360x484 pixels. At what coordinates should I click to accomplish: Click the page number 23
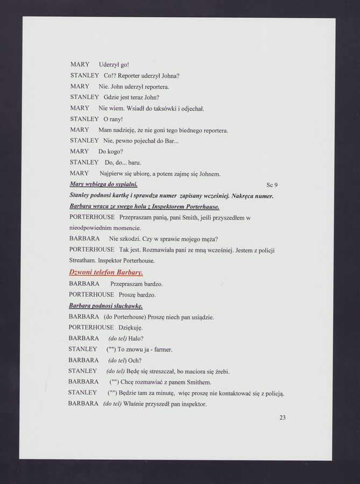coord(282,417)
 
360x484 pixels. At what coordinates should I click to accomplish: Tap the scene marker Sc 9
coord(272,185)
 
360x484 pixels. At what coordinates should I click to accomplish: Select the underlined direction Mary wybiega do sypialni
coord(103,184)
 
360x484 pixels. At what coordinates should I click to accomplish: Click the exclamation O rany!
coord(114,119)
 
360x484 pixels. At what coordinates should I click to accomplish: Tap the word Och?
coord(135,360)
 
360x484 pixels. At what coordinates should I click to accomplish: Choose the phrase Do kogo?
coord(111,151)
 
